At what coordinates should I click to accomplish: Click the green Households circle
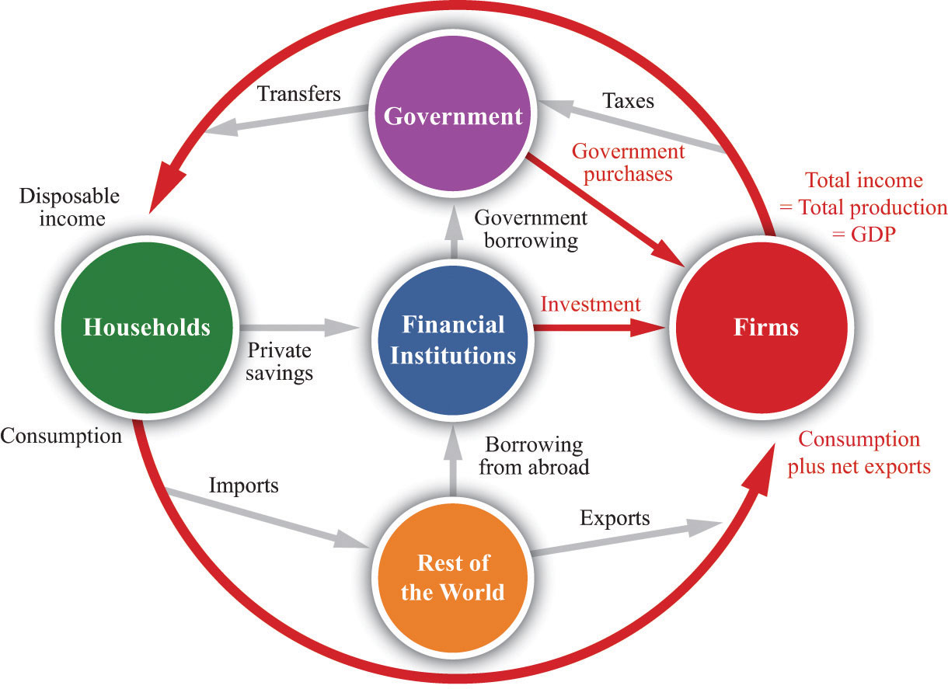[147, 328]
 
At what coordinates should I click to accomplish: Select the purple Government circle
[453, 113]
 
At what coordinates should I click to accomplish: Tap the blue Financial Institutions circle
[453, 340]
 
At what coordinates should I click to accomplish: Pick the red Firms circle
[762, 328]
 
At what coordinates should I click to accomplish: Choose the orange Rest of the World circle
[453, 577]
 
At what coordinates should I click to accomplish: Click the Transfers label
[299, 93]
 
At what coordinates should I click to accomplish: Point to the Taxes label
[628, 101]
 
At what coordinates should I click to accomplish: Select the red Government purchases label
[628, 162]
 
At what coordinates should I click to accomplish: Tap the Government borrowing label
[531, 229]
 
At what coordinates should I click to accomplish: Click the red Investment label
[591, 304]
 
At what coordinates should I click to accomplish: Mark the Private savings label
[279, 362]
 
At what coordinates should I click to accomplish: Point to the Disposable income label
[70, 207]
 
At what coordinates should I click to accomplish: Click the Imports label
[244, 485]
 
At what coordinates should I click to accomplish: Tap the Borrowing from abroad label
[534, 456]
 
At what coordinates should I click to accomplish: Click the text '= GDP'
[864, 234]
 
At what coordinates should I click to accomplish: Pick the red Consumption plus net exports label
[859, 453]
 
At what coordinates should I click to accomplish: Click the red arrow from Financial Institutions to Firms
[599, 328]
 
